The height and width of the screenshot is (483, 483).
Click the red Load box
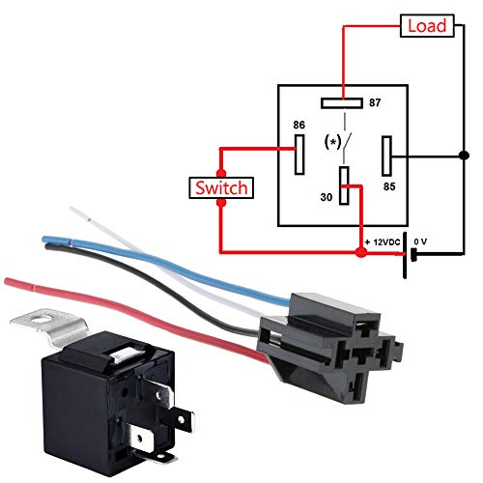point(426,26)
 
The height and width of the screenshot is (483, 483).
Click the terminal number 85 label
point(390,185)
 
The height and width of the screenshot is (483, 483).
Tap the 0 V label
point(420,240)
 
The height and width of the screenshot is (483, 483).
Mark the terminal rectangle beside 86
point(301,152)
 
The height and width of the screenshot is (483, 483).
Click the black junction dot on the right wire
point(466,153)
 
